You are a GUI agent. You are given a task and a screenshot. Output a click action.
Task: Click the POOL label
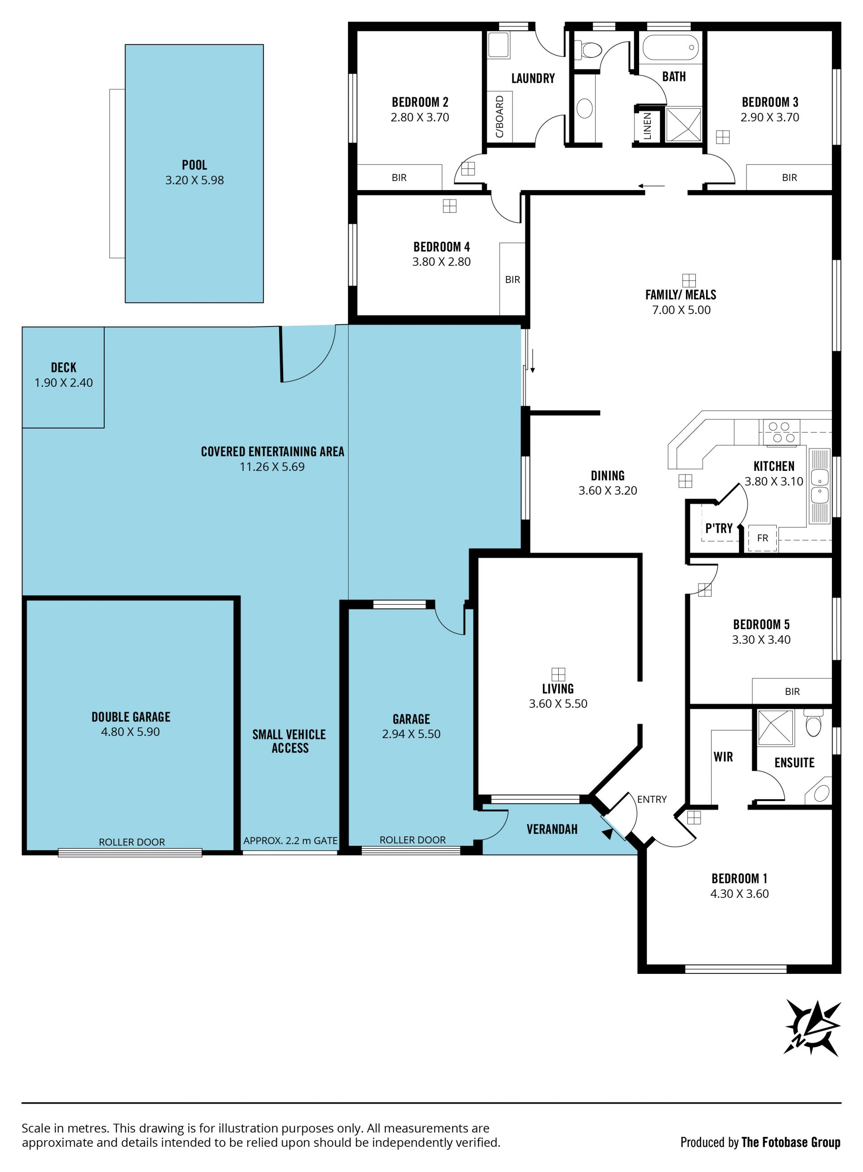[194, 165]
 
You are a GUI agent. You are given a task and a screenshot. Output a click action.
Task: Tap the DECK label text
[64, 367]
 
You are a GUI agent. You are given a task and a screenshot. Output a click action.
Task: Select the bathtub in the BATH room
[670, 48]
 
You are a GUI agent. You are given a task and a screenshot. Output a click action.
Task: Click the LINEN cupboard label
[647, 126]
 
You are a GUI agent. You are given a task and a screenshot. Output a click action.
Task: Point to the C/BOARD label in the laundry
[499, 116]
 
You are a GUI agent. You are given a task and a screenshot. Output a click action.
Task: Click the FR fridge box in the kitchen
[762, 538]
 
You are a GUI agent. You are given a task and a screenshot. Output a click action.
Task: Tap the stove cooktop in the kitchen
[782, 432]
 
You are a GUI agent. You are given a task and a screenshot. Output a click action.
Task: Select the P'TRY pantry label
[719, 528]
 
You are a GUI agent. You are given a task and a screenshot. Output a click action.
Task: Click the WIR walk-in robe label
[723, 756]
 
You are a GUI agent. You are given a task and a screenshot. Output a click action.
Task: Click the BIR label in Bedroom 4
[512, 280]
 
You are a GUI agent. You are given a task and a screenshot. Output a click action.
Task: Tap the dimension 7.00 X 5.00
[681, 310]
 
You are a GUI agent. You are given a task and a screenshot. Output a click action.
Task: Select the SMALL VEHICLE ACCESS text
[289, 741]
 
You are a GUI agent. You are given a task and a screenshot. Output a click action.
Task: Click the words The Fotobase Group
[791, 1143]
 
